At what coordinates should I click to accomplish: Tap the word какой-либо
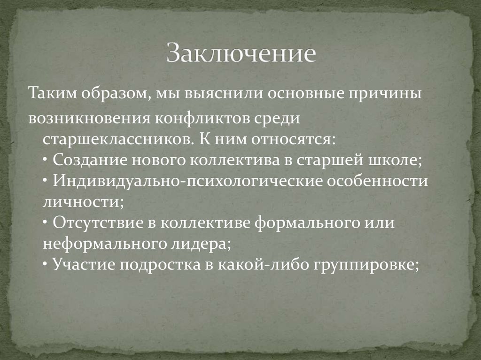(x=254, y=265)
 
